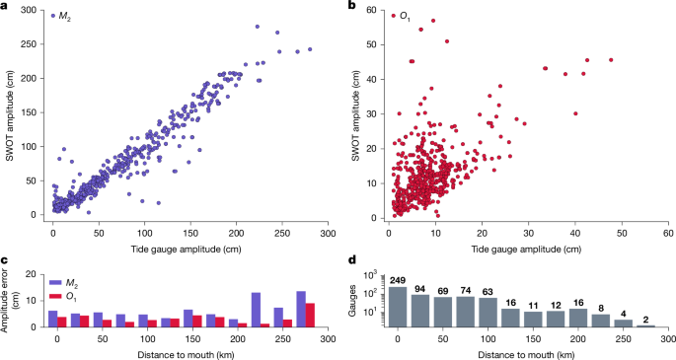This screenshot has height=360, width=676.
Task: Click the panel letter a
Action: (6, 7)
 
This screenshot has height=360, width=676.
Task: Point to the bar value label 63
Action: (487, 291)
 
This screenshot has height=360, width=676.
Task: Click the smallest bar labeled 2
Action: (647, 325)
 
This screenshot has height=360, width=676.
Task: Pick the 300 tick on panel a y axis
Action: (33, 11)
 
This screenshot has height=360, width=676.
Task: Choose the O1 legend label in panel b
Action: (406, 17)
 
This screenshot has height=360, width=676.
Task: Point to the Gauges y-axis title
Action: (355, 300)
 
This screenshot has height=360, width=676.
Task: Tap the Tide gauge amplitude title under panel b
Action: (530, 247)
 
